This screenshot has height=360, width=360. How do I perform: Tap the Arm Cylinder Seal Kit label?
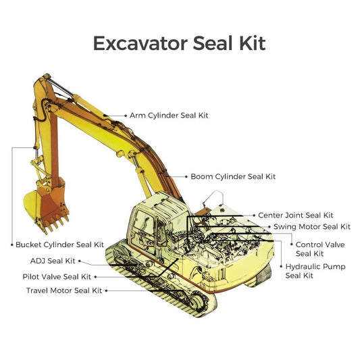point(169,115)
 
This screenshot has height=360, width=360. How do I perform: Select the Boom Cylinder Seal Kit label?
point(233,176)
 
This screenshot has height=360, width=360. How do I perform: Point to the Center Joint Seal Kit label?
point(296,215)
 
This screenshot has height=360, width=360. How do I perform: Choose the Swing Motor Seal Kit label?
point(312,227)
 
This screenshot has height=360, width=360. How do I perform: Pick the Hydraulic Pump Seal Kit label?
point(315,271)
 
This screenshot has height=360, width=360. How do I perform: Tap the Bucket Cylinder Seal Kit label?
point(60,245)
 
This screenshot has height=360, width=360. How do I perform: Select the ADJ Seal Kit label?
point(53,261)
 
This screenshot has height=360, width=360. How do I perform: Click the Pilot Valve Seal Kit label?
point(57,276)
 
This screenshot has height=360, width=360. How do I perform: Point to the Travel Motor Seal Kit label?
point(63,290)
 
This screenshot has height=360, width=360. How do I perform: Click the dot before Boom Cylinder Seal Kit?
point(184,176)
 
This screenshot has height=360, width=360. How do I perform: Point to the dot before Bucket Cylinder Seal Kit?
point(12,245)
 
